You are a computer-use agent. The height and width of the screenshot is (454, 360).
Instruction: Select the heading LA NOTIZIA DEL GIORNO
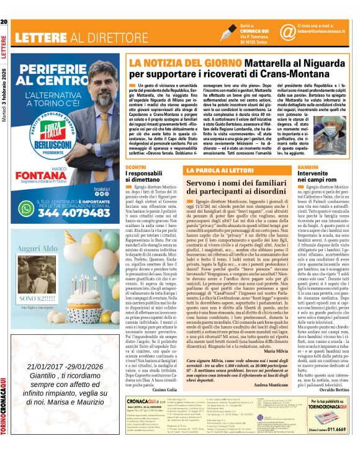coord(181,63)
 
